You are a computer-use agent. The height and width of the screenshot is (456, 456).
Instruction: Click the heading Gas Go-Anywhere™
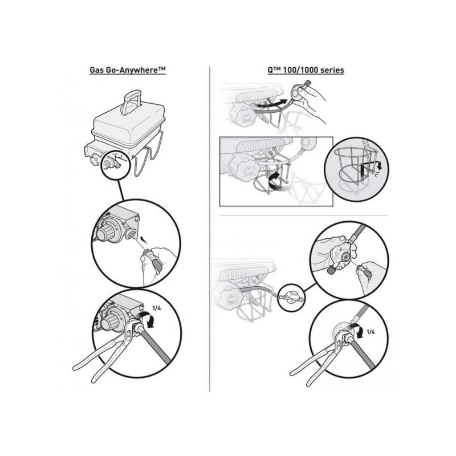pyautogui.click(x=127, y=70)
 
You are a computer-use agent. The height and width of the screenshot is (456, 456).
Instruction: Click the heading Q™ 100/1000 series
pyautogui.click(x=306, y=70)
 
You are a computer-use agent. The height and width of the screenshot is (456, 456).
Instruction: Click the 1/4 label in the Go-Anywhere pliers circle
pyautogui.click(x=156, y=308)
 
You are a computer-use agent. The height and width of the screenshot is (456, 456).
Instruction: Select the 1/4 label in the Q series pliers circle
pyautogui.click(x=370, y=332)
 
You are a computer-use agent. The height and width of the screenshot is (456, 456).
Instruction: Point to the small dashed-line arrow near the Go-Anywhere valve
pyautogui.click(x=144, y=240)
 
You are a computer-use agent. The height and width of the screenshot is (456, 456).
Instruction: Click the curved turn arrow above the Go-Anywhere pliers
pyautogui.click(x=148, y=319)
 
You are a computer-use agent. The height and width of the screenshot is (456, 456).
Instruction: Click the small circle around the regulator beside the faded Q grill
pyautogui.click(x=291, y=297)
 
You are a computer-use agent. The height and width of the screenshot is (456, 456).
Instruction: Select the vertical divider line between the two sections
pyautogui.click(x=209, y=229)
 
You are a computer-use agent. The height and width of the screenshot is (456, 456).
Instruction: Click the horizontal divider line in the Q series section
pyautogui.click(x=303, y=216)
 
